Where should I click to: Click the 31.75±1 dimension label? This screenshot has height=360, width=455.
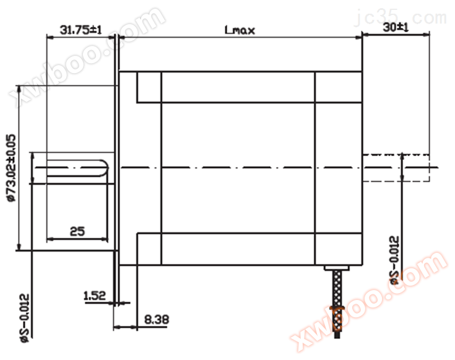point(80,30)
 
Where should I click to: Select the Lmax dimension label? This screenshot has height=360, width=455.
point(240,30)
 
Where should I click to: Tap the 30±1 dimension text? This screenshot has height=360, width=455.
point(396,28)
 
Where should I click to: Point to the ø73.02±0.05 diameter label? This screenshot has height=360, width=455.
point(12,168)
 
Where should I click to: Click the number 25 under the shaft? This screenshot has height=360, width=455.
point(77,231)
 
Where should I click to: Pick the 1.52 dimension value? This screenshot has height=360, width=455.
point(95,296)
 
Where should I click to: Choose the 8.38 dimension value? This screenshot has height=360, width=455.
point(157,320)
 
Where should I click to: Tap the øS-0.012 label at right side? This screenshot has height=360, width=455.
point(395,260)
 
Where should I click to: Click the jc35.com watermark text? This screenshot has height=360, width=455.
point(401,17)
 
